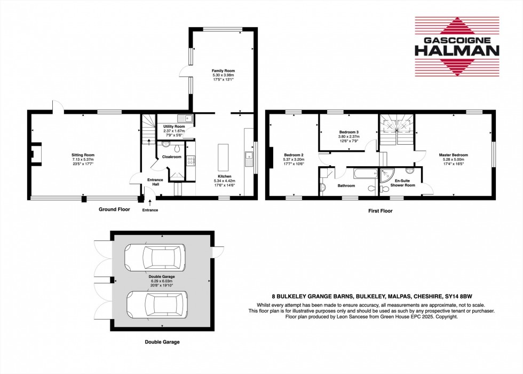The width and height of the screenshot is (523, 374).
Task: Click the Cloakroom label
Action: point(172,157)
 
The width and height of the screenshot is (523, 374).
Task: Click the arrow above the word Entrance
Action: point(150,202)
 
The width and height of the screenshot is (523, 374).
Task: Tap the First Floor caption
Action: point(380,211)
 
